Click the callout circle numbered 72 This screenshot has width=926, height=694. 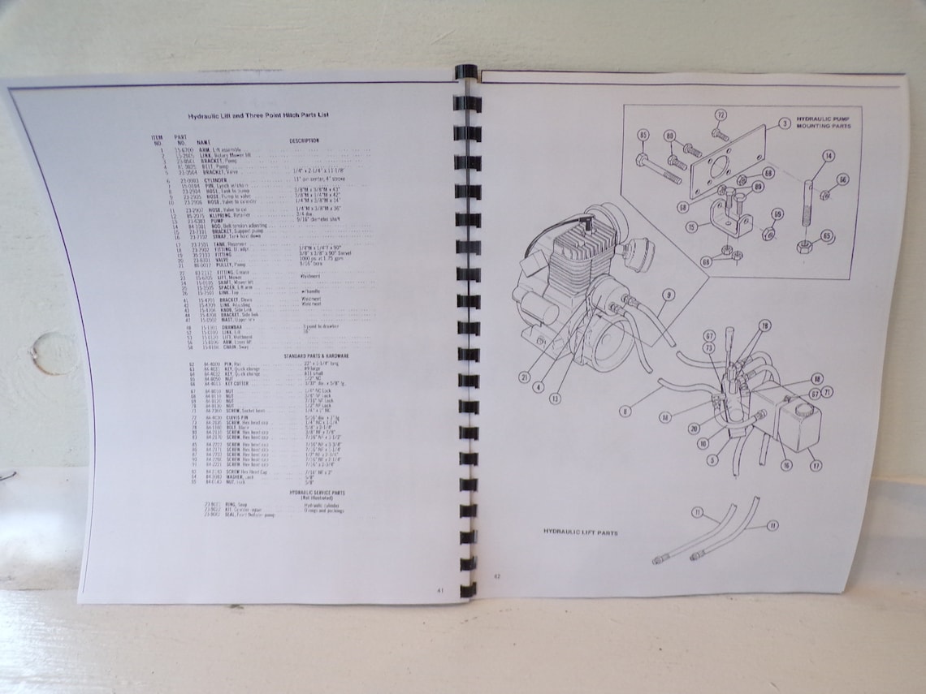pos(720,114)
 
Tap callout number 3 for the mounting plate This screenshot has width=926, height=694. pos(784,124)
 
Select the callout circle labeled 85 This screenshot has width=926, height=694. pos(643,136)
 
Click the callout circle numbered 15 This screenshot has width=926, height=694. pos(690,227)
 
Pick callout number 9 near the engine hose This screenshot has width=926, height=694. pos(668,295)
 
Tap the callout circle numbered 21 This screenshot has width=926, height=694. pos(525,377)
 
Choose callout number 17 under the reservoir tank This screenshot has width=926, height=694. pos(815,466)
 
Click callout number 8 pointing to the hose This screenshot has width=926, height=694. pos(624,412)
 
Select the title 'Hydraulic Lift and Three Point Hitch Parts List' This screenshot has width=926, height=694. pos(253,115)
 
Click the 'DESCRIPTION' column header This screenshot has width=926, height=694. pos(304,140)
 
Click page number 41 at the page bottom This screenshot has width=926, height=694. pos(440,590)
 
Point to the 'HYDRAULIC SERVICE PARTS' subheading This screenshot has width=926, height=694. pos(317,492)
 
